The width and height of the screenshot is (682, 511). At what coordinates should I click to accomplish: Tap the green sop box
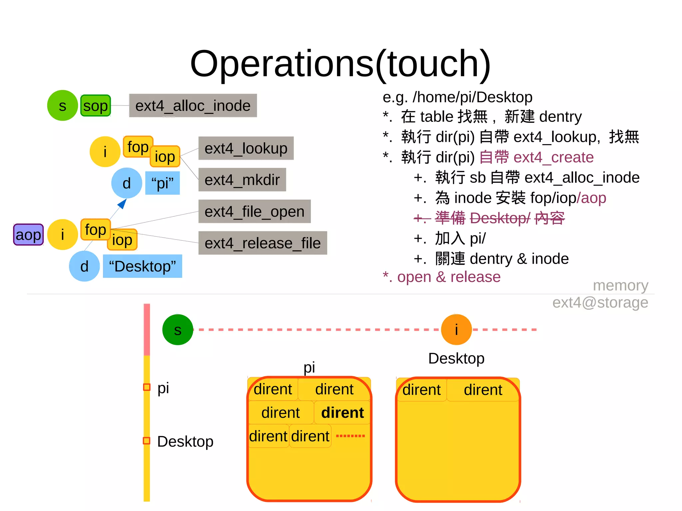96,106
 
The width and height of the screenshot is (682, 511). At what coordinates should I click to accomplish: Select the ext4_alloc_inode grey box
193,106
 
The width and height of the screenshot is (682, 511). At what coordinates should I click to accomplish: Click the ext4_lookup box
246,148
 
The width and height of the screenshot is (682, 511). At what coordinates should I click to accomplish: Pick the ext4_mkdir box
242,180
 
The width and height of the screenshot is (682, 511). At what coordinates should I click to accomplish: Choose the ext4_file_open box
254,212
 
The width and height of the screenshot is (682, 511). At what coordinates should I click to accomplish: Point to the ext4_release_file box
262,243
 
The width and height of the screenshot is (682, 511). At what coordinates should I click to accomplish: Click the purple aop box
28,235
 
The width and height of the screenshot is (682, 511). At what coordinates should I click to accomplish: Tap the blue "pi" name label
163,183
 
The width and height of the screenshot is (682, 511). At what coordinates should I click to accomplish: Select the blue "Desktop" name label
143,266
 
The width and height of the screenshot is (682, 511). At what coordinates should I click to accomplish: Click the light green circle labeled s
62,106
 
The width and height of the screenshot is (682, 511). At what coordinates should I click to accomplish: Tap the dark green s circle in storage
177,330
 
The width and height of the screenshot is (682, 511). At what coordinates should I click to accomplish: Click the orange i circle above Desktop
456,330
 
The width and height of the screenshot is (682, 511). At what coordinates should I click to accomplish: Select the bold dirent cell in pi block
342,413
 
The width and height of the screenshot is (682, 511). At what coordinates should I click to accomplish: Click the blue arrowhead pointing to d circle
123,203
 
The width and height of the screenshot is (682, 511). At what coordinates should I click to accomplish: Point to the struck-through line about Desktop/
489,218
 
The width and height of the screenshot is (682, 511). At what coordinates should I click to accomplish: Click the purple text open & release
442,277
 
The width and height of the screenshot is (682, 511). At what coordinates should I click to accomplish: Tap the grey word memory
620,286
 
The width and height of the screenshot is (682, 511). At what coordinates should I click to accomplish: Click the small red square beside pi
147,387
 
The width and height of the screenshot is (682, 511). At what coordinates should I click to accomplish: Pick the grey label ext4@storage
600,303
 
